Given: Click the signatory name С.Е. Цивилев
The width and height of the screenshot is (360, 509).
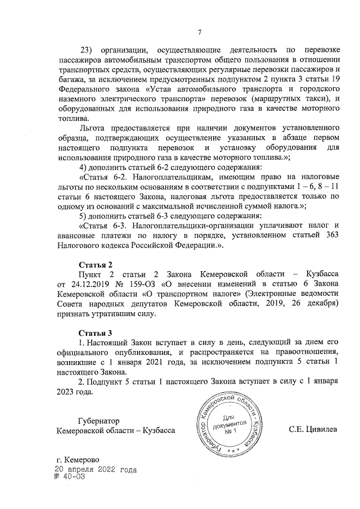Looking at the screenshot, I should [313, 430].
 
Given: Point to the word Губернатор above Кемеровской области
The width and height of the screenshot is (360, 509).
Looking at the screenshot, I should [99, 420].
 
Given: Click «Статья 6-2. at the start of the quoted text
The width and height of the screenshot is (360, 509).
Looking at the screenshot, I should [105, 176].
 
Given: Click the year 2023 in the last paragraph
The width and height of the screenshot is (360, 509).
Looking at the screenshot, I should [68, 392].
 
